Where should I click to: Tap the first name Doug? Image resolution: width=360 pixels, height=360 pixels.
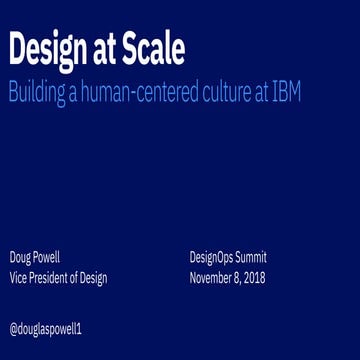[21, 257]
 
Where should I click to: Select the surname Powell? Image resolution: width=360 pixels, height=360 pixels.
[47, 257]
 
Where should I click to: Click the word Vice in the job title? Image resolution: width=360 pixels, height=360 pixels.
[18, 278]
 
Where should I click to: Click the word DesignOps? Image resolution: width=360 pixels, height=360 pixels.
[211, 257]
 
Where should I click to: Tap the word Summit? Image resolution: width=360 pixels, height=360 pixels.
[251, 257]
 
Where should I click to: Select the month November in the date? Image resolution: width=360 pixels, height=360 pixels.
[212, 278]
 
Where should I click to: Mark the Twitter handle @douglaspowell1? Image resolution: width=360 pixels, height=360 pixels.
[47, 327]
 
